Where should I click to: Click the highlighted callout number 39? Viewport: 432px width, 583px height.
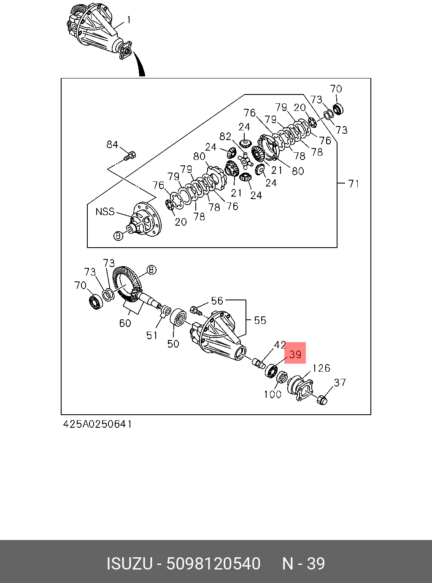click(x=295, y=354)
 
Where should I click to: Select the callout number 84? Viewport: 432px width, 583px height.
click(x=112, y=145)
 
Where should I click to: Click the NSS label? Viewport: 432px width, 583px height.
click(x=105, y=211)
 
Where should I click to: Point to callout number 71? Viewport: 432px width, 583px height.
click(x=354, y=184)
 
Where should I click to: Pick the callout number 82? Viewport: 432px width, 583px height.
click(x=225, y=137)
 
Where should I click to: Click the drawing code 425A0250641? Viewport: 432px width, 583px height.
click(x=97, y=424)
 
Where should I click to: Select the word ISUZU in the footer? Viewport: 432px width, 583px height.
click(x=129, y=564)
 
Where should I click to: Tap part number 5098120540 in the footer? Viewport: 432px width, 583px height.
click(x=213, y=564)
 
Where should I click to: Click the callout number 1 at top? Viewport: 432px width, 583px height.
click(x=129, y=20)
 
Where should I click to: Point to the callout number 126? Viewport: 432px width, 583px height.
click(x=321, y=368)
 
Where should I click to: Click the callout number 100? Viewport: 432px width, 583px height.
click(x=273, y=394)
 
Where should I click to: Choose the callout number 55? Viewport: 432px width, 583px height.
click(x=260, y=320)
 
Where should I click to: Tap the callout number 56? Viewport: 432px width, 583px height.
click(x=217, y=301)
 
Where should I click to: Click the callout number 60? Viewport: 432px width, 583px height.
click(x=125, y=323)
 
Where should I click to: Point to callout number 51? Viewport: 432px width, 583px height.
click(x=152, y=335)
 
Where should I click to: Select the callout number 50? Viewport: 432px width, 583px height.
click(x=173, y=344)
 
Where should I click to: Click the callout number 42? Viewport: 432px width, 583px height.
click(x=280, y=345)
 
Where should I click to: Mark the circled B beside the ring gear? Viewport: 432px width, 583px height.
click(x=151, y=270)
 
